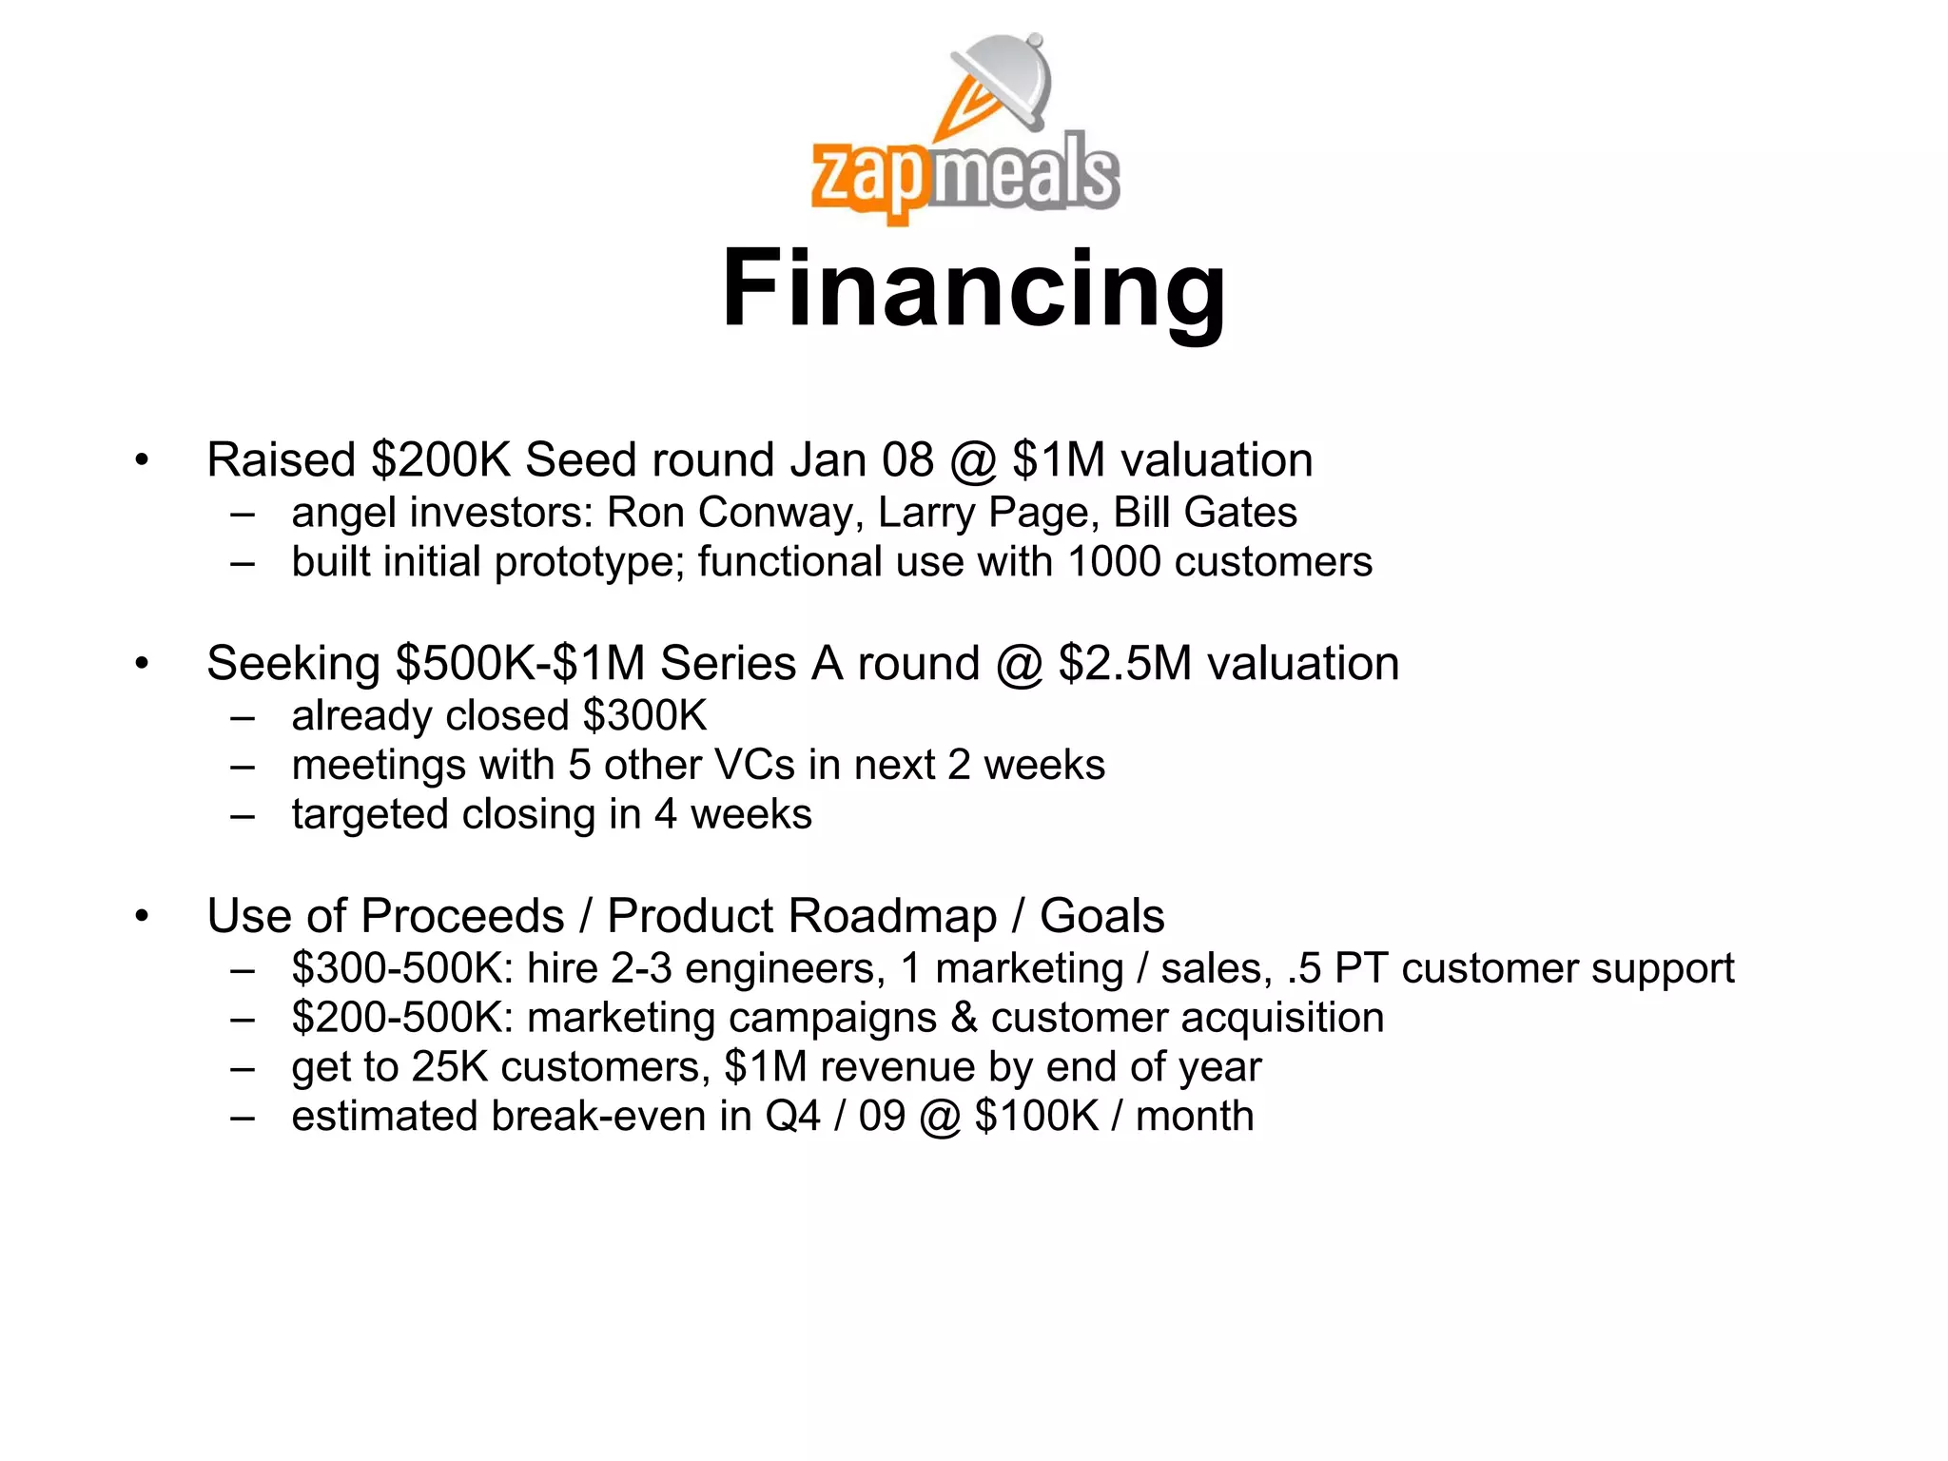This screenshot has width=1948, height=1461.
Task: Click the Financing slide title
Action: tap(973, 288)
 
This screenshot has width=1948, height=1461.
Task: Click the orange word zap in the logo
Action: tap(867, 178)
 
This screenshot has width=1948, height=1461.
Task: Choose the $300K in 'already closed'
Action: tap(645, 715)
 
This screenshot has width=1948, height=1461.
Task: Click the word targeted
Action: tap(369, 815)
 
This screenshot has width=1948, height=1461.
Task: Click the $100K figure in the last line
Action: tap(1037, 1117)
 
